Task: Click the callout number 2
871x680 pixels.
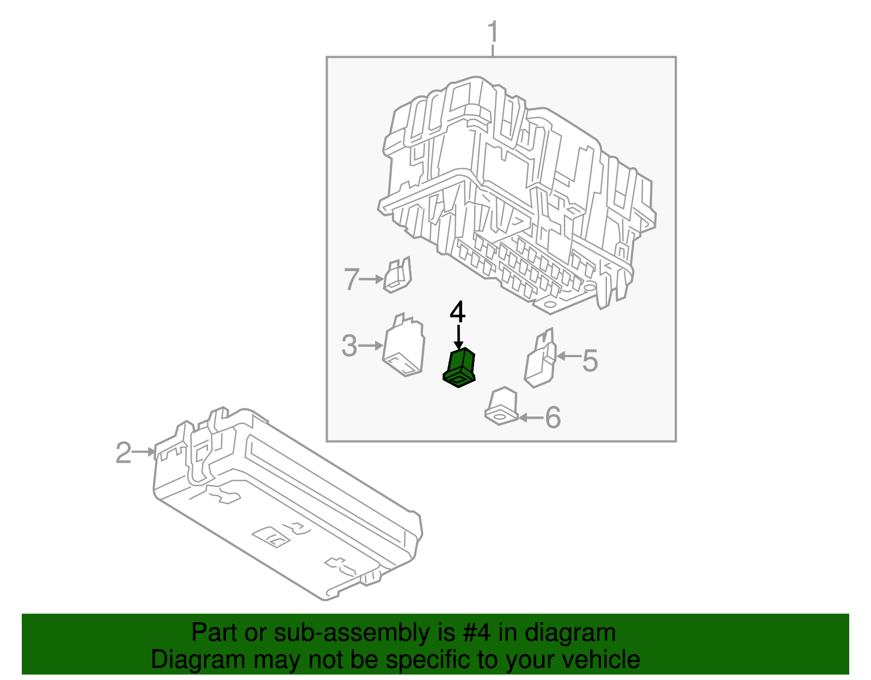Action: click(x=124, y=452)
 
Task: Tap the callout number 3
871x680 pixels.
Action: click(x=349, y=346)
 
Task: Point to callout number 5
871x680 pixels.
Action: click(x=590, y=361)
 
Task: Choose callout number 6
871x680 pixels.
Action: click(x=553, y=418)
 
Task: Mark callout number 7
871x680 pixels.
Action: click(x=352, y=279)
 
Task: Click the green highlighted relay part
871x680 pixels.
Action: click(x=460, y=368)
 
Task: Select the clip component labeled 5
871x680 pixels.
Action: click(x=541, y=360)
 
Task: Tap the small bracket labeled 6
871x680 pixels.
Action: click(x=501, y=407)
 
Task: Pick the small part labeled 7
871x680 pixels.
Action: click(x=398, y=275)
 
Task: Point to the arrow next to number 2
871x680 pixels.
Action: click(x=145, y=451)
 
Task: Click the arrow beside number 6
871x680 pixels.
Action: click(x=531, y=418)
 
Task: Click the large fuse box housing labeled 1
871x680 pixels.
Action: click(x=517, y=196)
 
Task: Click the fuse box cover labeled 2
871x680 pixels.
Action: click(x=289, y=506)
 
